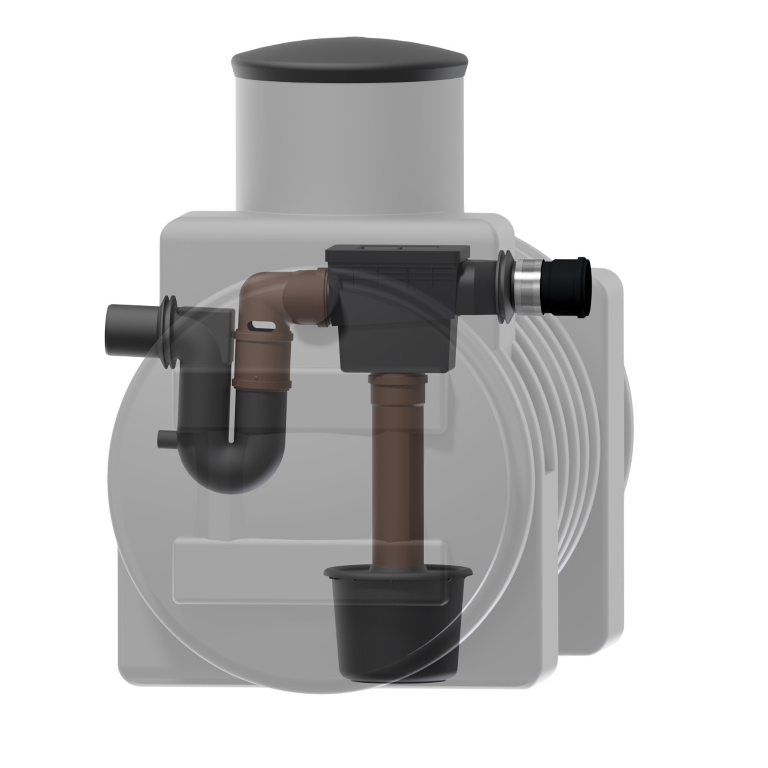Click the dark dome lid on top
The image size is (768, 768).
[x=350, y=64]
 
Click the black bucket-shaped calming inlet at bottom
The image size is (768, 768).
[x=397, y=628]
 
